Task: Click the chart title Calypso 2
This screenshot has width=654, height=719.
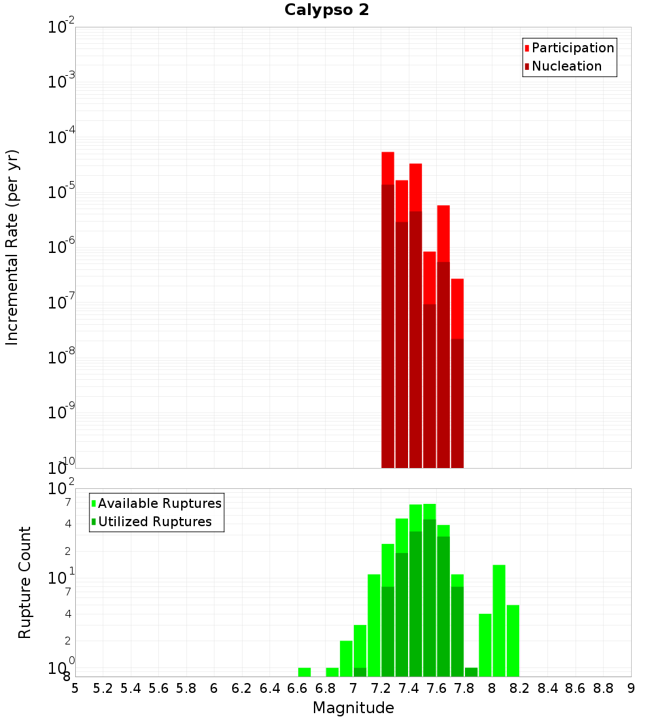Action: click(x=326, y=10)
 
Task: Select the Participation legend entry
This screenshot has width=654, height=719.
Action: click(x=572, y=48)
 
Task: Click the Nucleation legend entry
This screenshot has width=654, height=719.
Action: click(x=566, y=66)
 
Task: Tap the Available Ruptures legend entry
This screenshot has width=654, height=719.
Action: click(x=159, y=503)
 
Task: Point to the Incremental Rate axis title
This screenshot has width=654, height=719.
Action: click(x=12, y=247)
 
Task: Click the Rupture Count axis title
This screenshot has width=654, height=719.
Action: click(x=25, y=582)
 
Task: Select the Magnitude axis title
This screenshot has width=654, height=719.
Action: click(x=353, y=708)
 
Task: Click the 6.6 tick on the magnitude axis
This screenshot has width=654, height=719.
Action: click(x=298, y=688)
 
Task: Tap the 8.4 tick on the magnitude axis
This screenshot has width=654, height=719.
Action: click(x=548, y=688)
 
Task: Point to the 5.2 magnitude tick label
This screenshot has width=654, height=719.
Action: click(x=103, y=688)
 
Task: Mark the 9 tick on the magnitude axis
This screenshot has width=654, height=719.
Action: click(x=631, y=688)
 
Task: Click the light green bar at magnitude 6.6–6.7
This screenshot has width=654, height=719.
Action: click(x=304, y=672)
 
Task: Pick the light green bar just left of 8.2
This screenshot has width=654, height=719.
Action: click(x=513, y=641)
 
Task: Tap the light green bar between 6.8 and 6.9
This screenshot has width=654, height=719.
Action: click(x=332, y=672)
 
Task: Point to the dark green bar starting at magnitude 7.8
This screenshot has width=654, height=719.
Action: click(x=471, y=672)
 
